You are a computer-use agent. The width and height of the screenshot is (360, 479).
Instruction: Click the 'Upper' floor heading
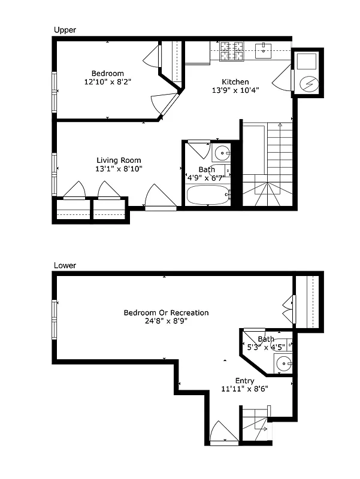[x=65, y=29]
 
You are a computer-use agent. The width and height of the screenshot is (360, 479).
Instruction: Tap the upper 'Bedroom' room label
[x=108, y=74]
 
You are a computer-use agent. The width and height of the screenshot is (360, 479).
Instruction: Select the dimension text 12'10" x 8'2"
[x=108, y=82]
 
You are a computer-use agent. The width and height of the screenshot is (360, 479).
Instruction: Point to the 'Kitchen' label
[x=235, y=82]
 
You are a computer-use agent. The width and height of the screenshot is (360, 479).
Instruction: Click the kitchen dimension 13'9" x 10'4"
[x=235, y=91]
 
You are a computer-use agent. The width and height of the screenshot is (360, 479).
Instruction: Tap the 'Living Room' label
[x=119, y=160]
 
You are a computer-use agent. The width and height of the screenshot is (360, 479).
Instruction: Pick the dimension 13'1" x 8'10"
[x=119, y=169]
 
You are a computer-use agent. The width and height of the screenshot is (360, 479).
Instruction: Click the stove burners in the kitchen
[x=232, y=51]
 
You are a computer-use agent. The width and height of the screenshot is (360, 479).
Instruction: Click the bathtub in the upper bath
[x=207, y=195]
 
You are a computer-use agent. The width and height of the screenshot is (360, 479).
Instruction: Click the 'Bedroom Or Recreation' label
[x=166, y=313]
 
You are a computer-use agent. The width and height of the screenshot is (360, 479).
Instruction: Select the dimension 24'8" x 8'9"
[x=166, y=322]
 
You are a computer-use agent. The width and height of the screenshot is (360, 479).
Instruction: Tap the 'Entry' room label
[x=244, y=381]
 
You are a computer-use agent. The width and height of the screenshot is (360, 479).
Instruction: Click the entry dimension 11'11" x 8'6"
[x=244, y=389]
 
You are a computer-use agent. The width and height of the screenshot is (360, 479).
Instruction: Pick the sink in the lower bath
[x=283, y=362]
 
